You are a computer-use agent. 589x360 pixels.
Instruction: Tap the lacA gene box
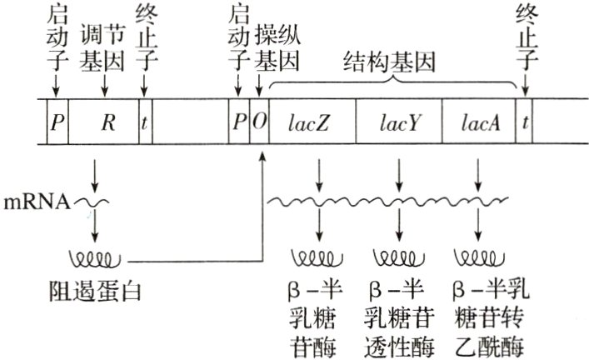(478, 122)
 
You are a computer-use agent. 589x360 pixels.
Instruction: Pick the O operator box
(259, 122)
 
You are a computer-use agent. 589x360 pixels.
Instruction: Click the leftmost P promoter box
(57, 122)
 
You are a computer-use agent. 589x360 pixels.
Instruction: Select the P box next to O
(239, 122)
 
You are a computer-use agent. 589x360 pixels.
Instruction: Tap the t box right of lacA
(525, 122)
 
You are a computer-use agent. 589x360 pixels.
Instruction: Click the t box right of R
(145, 122)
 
